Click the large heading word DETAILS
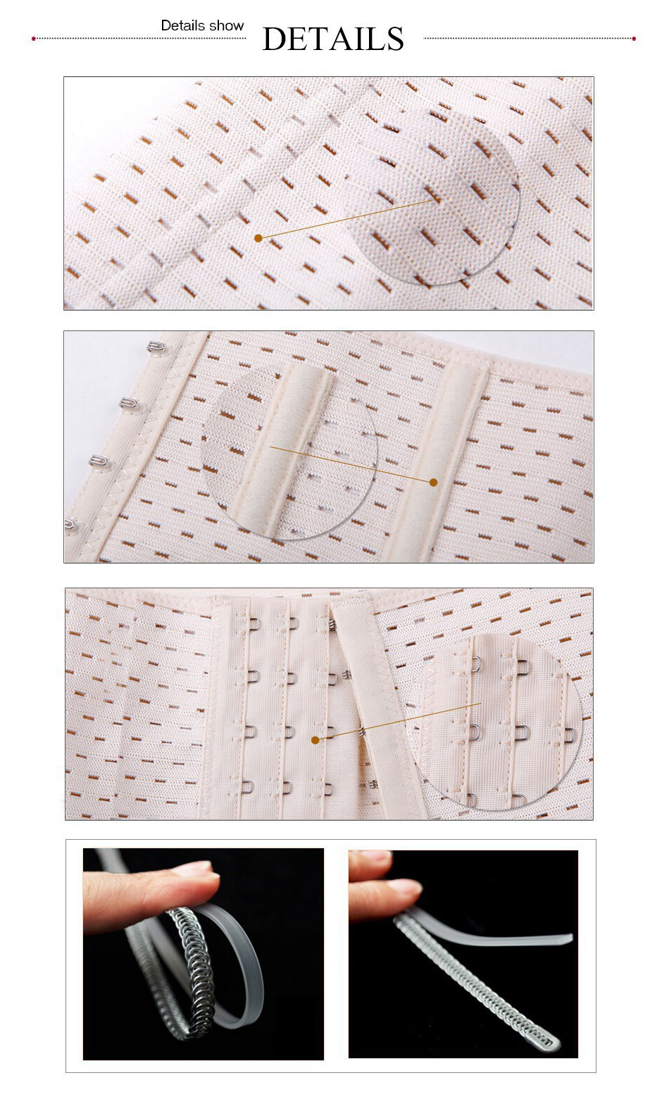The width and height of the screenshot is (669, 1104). click(x=333, y=39)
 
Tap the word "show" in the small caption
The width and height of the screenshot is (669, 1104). click(x=225, y=25)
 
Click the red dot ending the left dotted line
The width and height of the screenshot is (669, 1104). click(x=34, y=39)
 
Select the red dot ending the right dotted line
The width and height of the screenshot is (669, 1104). click(x=634, y=39)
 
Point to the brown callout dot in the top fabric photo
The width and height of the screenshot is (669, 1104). click(x=258, y=238)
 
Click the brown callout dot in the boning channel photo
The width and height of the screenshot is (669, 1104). click(x=434, y=482)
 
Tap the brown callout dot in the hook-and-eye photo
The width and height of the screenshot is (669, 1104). click(x=315, y=740)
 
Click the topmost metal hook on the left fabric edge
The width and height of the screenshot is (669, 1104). click(x=156, y=347)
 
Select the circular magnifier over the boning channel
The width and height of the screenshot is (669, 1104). click(x=289, y=452)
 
